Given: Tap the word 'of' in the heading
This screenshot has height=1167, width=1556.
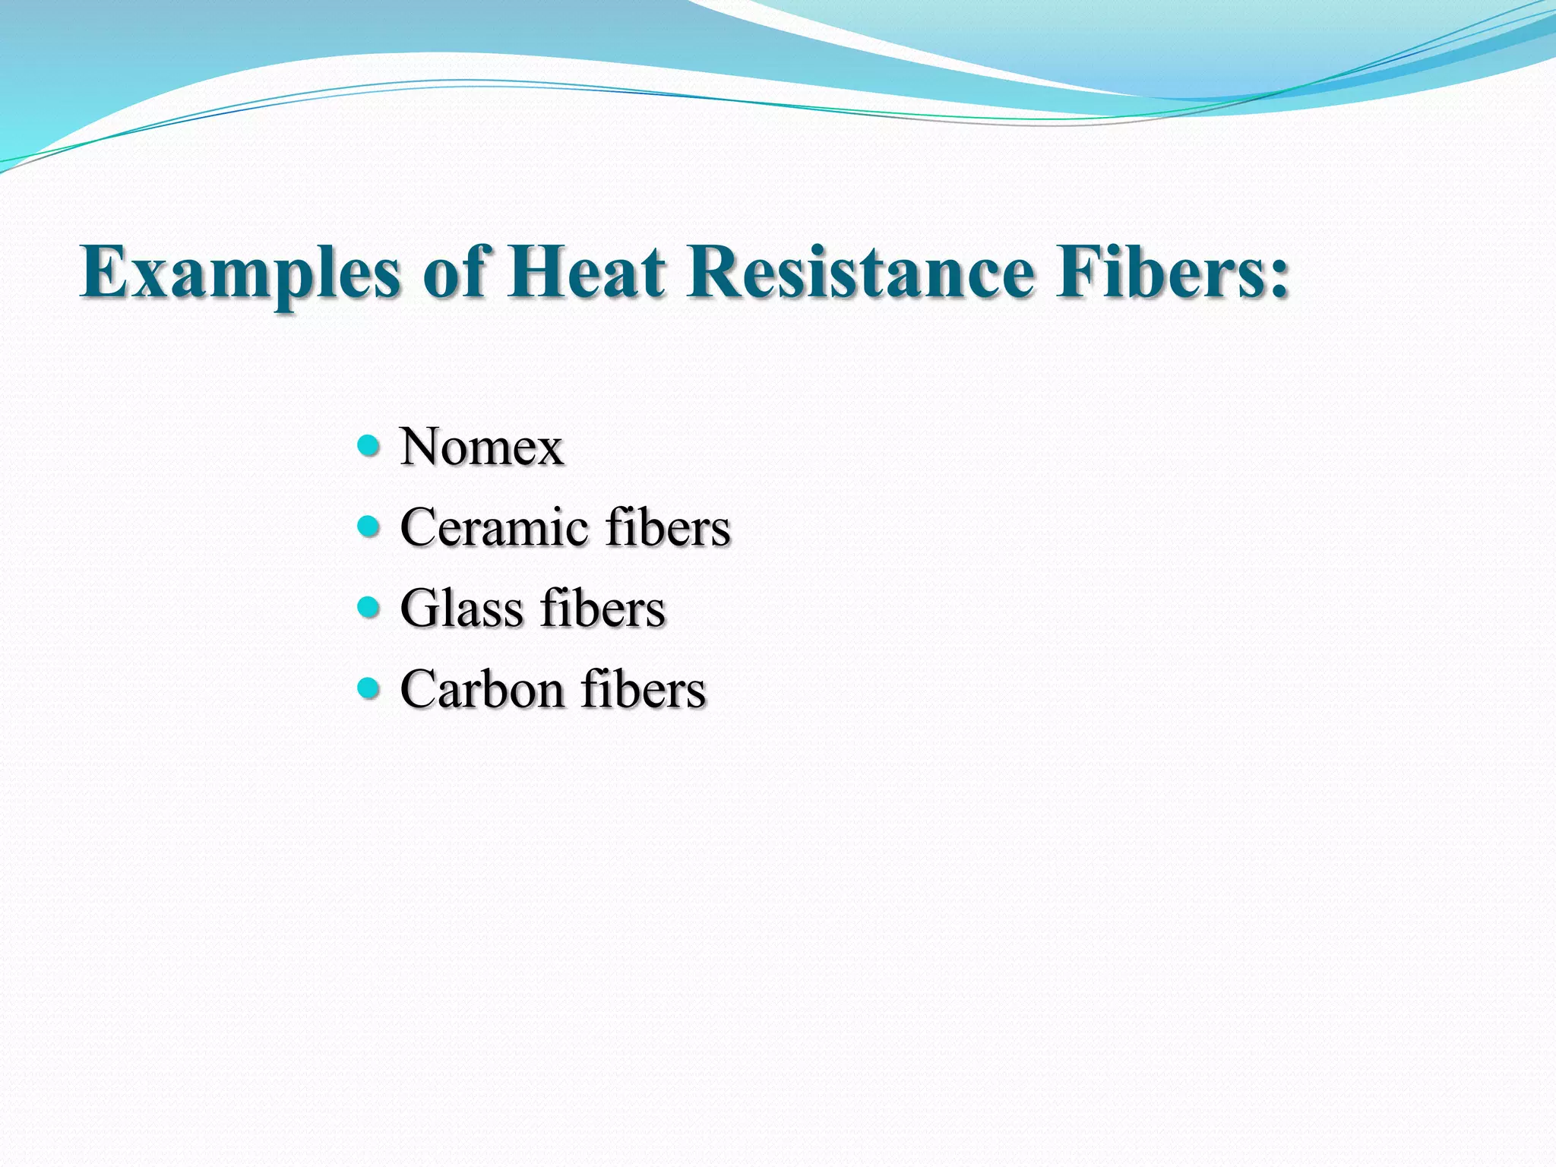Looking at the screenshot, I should click(x=454, y=272).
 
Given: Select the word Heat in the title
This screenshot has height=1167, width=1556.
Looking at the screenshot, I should click(x=587, y=272).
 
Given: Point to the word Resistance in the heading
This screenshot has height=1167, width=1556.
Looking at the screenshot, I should click(x=860, y=272).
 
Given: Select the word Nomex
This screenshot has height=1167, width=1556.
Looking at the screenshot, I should click(x=482, y=446).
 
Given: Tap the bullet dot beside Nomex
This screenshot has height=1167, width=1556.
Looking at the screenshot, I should click(x=368, y=444).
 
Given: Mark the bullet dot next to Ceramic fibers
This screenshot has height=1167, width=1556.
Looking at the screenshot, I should click(x=368, y=526).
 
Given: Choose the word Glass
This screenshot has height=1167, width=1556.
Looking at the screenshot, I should click(x=461, y=609).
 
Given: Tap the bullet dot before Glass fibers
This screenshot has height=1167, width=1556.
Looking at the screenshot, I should click(x=368, y=607).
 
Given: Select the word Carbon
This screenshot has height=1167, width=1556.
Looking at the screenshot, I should click(x=481, y=690).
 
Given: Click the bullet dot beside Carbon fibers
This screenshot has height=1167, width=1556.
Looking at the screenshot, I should click(x=368, y=688).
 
